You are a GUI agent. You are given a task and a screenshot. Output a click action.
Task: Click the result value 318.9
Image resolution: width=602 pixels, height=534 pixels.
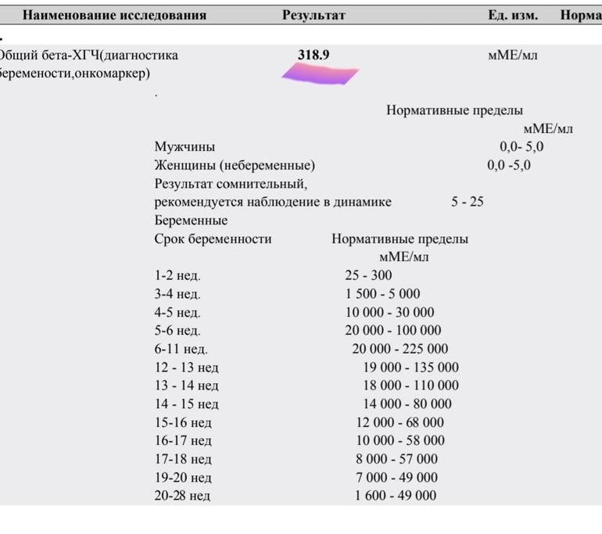click(314, 56)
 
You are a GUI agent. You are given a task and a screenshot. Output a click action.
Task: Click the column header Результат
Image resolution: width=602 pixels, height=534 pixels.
click(314, 15)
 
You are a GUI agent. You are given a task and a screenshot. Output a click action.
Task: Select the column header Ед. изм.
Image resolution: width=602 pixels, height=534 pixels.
click(510, 15)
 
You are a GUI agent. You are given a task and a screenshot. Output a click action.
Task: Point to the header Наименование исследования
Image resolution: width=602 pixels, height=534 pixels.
click(114, 15)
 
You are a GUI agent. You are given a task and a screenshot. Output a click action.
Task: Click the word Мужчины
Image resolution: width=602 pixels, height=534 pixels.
click(185, 147)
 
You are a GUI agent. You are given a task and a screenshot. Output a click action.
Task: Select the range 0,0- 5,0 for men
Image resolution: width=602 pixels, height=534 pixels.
click(521, 147)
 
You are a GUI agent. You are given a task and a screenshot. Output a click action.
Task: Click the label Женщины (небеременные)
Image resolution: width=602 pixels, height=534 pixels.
click(235, 166)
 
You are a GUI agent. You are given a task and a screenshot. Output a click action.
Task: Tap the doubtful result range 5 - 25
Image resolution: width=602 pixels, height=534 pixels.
click(468, 202)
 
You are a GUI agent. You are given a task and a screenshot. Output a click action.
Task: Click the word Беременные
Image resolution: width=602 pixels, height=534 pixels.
click(192, 220)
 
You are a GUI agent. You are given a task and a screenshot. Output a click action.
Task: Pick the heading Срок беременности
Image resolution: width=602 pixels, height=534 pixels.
click(213, 239)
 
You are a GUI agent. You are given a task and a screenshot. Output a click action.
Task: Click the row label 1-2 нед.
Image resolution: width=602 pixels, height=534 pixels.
click(177, 275)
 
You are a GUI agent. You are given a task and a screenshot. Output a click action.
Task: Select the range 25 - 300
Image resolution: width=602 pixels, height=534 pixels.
click(369, 275)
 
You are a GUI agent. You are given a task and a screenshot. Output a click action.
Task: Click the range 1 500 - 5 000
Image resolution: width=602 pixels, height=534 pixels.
click(382, 294)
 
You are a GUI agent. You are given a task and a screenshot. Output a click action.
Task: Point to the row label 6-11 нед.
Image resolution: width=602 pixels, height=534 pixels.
click(181, 349)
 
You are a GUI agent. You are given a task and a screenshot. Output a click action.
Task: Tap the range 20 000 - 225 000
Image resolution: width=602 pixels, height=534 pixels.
click(400, 349)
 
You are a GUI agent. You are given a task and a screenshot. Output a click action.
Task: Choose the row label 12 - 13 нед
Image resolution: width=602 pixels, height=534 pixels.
click(186, 367)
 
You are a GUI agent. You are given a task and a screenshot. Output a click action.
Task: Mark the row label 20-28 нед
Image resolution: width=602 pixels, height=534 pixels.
click(182, 496)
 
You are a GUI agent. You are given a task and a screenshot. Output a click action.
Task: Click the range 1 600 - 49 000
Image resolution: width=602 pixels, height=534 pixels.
click(396, 496)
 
